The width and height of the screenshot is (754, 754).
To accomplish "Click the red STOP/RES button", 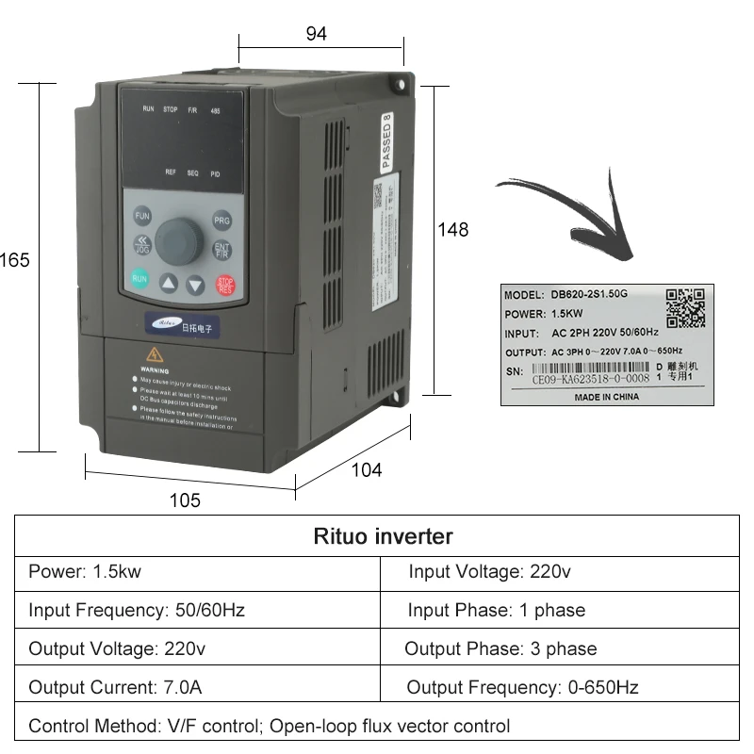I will [x=225, y=285].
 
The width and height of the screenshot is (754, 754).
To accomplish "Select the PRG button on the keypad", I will [x=222, y=221].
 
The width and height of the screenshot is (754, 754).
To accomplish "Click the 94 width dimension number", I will [x=317, y=34].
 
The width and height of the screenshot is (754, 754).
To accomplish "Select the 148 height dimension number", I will [x=452, y=229].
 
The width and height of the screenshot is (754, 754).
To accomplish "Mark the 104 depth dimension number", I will [x=366, y=469].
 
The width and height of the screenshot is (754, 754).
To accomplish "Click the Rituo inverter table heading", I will [x=383, y=536].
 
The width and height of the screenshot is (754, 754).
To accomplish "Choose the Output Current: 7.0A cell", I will [x=115, y=687].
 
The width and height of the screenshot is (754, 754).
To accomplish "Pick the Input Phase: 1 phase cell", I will [x=496, y=610].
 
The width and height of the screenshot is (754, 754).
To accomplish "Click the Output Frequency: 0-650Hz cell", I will [x=522, y=687].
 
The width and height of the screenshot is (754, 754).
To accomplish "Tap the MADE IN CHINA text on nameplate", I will [x=606, y=397].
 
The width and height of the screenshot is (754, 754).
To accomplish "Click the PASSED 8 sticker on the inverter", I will [x=385, y=141].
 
